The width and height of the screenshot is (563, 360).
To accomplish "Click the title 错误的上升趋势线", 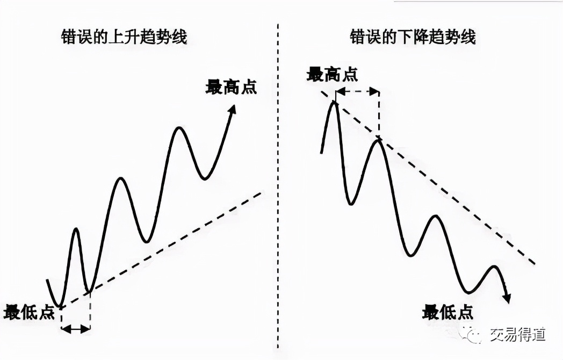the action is tap(124, 37).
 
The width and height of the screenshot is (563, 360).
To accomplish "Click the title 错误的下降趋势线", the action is tap(413, 37).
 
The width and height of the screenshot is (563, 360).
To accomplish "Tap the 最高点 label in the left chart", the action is tap(231, 87).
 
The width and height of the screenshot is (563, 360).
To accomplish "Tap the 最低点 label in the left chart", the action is tap(29, 312).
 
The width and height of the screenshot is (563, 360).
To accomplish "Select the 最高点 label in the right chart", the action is tap(332, 74).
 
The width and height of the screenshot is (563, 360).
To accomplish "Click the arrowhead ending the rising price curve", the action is tap(233, 109).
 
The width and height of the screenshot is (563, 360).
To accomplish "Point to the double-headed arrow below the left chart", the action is tap(75, 328).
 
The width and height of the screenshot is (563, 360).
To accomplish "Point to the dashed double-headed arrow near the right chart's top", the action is tap(357, 91).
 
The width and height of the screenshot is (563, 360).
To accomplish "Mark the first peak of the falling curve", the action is tap(334, 102).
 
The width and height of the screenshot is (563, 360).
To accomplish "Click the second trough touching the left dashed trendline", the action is tap(90, 292).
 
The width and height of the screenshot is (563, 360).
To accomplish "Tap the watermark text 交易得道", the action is tap(517, 335).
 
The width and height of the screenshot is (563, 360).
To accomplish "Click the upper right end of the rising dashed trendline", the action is tap(262, 192).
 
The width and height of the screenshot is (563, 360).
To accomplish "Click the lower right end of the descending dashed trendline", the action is tap(534, 263).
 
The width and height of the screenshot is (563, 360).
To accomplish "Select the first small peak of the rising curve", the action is tap(76, 229).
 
